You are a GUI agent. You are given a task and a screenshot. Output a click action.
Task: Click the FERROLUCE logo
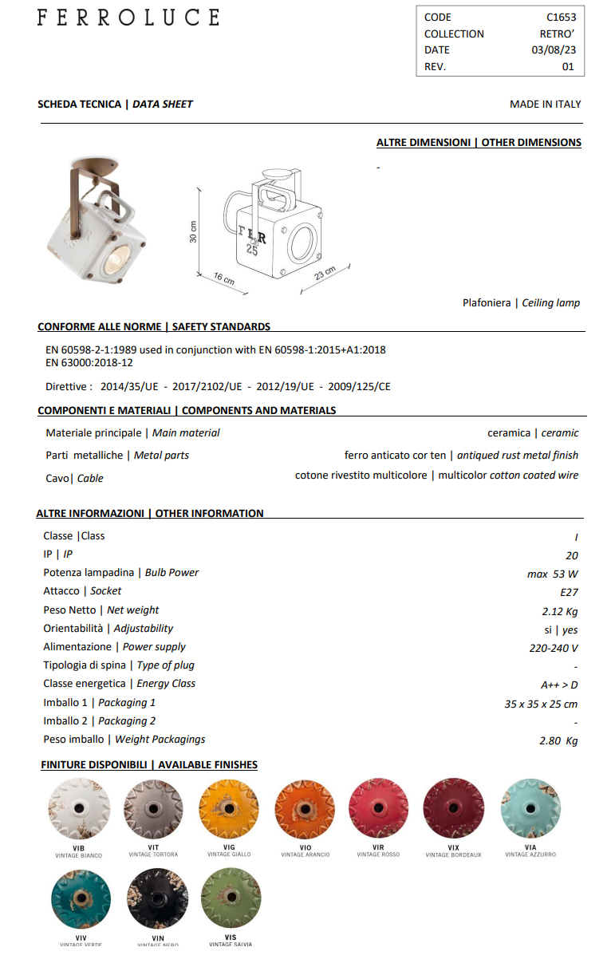128,18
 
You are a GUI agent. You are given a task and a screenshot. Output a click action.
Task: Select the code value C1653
561,17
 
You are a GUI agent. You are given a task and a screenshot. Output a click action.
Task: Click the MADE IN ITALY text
545,105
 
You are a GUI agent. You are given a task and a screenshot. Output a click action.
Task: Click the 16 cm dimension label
224,278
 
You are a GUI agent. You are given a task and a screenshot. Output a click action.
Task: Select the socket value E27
569,592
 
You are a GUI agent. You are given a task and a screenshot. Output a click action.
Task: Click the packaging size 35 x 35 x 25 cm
541,704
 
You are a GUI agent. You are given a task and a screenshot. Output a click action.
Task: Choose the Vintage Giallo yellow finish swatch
229,808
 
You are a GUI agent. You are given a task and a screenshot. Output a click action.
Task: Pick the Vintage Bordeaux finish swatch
453,808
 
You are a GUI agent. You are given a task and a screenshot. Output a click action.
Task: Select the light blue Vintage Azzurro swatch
530,808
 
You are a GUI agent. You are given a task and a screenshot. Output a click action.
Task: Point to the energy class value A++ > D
558,685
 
